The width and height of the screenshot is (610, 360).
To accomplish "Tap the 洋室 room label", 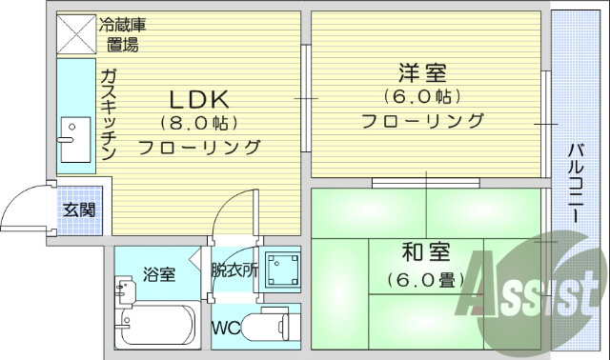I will click(x=422, y=72).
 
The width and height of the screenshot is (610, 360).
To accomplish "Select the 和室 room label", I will click(x=425, y=254).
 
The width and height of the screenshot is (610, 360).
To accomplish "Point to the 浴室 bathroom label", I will click(x=159, y=274).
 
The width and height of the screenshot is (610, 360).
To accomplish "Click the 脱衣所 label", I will click(x=234, y=270).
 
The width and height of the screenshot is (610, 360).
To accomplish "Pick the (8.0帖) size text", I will click(x=199, y=123).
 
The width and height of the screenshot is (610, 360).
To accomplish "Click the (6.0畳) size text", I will click(x=424, y=280).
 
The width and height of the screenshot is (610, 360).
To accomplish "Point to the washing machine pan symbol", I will click(x=281, y=270).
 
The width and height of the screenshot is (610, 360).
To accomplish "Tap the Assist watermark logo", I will click(x=535, y=286).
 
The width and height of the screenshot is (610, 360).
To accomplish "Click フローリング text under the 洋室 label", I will click(x=422, y=121).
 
